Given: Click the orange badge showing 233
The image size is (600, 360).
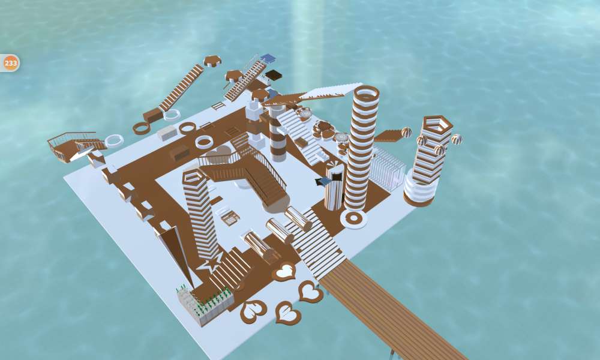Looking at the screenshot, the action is tap(10, 63).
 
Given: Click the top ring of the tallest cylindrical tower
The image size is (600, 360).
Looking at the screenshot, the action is tap(367, 94).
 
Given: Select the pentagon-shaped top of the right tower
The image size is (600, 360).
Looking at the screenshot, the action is tap(438, 124).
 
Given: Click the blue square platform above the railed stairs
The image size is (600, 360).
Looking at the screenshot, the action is tap(268, 59).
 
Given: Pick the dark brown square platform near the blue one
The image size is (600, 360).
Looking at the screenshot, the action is tap(274, 74).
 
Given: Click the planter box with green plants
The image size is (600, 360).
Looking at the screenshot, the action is tap(205, 305).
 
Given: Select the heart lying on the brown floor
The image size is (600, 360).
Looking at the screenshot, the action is tap(284, 271).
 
